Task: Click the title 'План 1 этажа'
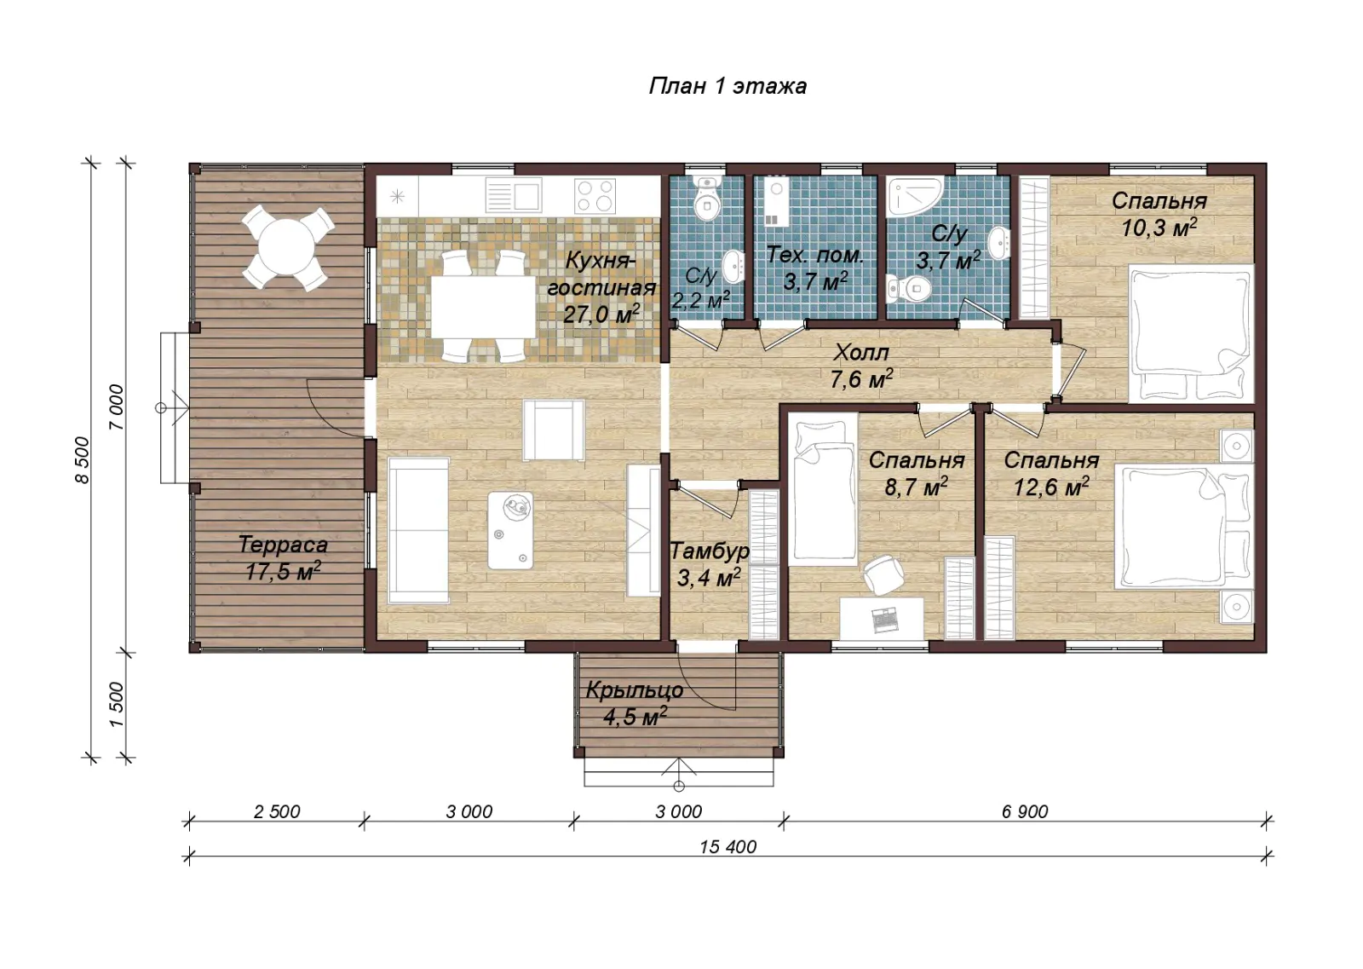pyautogui.click(x=728, y=86)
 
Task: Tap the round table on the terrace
pyautogui.click(x=287, y=247)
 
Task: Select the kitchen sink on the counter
pyautogui.click(x=514, y=195)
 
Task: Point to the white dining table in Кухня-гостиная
pyautogui.click(x=483, y=307)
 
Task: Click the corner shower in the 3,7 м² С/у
pyautogui.click(x=915, y=196)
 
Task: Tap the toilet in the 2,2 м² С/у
pyautogui.click(x=707, y=199)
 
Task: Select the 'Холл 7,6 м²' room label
pyautogui.click(x=861, y=366)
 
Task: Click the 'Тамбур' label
pyautogui.click(x=709, y=551)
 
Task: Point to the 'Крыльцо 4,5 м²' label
pyautogui.click(x=635, y=704)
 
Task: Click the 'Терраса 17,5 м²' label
pyautogui.click(x=283, y=557)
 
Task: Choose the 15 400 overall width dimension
pyautogui.click(x=728, y=846)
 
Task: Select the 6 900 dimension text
pyautogui.click(x=1025, y=811)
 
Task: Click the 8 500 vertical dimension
pyautogui.click(x=82, y=460)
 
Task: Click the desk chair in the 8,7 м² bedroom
pyautogui.click(x=884, y=574)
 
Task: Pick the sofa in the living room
pyautogui.click(x=418, y=531)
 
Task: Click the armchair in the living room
pyautogui.click(x=554, y=430)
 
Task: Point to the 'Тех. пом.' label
pyautogui.click(x=814, y=255)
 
